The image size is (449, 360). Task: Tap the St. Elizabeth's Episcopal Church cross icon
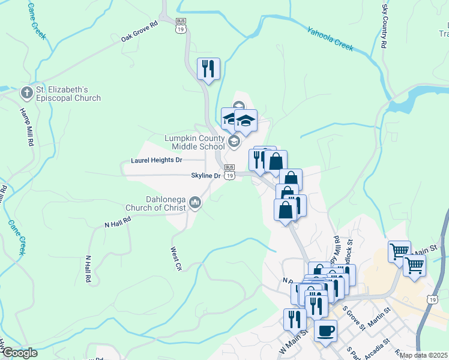26,93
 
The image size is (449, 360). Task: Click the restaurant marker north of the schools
208,69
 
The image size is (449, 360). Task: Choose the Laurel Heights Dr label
156,160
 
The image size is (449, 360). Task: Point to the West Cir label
175,258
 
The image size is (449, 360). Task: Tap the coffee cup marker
325,331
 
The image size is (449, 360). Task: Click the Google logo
20,353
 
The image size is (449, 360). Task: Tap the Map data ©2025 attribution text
423,355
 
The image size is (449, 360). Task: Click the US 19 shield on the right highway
432,299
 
